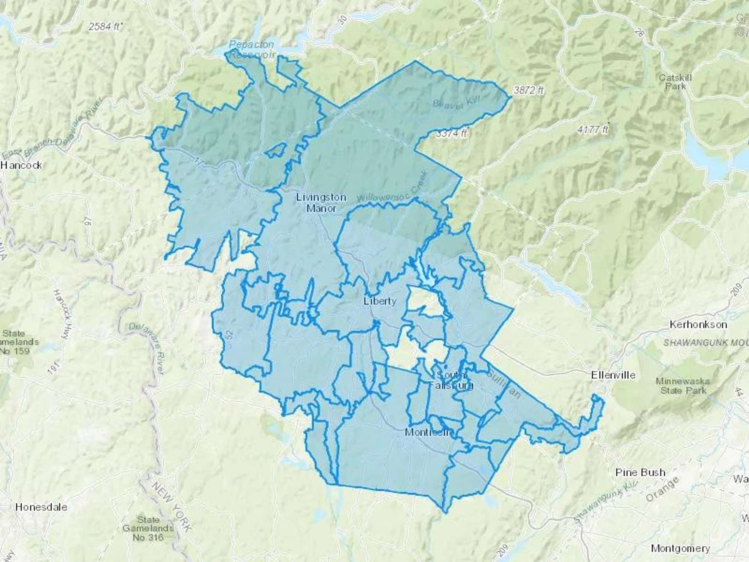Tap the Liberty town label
[379, 301]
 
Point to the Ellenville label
[613, 375]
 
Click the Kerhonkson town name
[698, 324]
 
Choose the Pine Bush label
[640, 472]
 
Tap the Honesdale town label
[41, 507]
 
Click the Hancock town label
[21, 165]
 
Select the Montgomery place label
[680, 548]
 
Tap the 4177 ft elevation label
[593, 130]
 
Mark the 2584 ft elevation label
[104, 27]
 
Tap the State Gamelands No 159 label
[20, 342]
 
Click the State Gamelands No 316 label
[148, 528]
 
